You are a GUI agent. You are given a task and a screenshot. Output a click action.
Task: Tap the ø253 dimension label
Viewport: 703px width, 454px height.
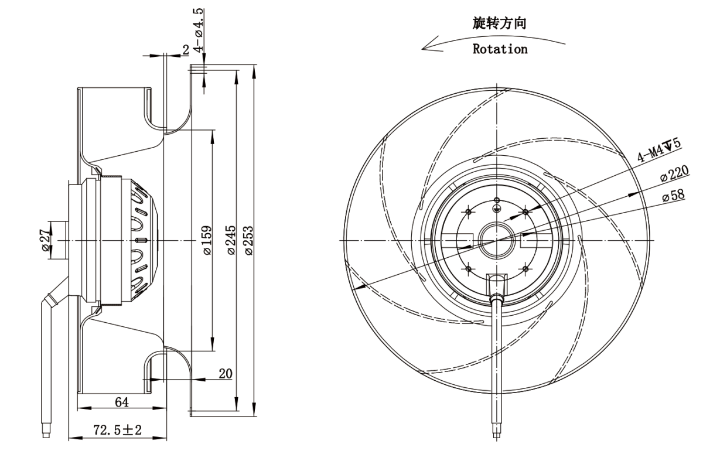tap(248, 240)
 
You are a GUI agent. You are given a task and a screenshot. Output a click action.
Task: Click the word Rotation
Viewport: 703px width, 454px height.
tap(500, 49)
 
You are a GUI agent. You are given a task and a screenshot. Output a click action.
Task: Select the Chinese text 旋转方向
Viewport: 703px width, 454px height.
tap(500, 24)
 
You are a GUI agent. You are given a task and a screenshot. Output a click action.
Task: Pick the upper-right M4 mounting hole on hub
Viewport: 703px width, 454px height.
tap(525, 211)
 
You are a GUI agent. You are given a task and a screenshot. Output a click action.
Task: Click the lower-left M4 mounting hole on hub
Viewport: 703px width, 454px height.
tap(469, 268)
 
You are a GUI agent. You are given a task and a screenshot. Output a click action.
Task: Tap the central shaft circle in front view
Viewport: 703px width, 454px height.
tap(497, 240)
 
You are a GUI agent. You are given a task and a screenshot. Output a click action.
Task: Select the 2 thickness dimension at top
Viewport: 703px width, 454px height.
tap(186, 50)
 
